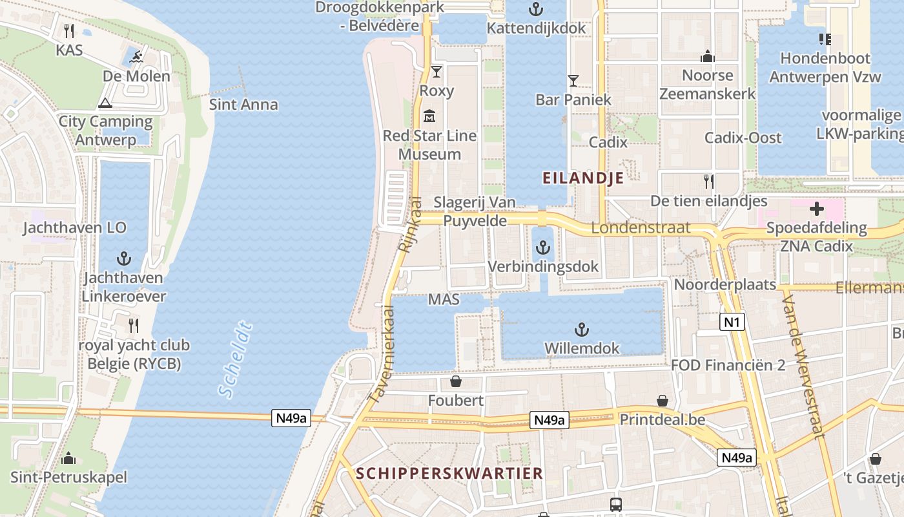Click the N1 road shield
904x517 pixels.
tap(732, 322)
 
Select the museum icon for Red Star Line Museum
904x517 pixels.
tap(429, 117)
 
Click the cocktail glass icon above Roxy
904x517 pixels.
tap(437, 71)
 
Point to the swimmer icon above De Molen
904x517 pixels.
tap(136, 58)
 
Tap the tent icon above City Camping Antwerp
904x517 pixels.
tap(105, 103)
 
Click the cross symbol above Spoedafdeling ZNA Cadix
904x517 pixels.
tap(817, 209)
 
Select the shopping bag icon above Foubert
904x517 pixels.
tap(455, 381)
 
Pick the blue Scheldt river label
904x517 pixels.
tap(234, 359)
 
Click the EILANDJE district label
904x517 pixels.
tap(583, 178)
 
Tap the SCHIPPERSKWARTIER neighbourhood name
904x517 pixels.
tap(449, 473)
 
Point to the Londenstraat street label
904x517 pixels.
tap(641, 227)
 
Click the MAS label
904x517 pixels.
tap(444, 299)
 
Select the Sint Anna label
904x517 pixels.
tap(243, 104)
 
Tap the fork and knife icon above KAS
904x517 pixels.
tap(69, 30)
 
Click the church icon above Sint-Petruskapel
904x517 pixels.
tap(68, 459)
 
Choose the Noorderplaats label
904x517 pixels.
tap(725, 284)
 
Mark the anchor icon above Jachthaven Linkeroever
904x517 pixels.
tap(123, 259)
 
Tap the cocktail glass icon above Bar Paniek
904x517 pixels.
tap(573, 81)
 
